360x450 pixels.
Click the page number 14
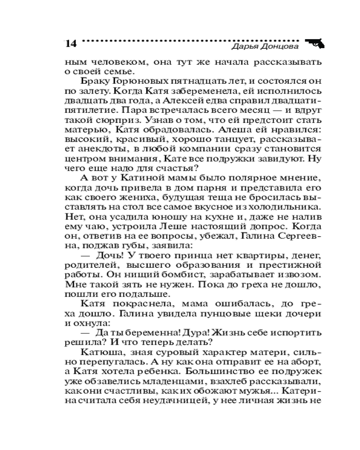[71, 44]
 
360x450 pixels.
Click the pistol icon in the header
[315, 43]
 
